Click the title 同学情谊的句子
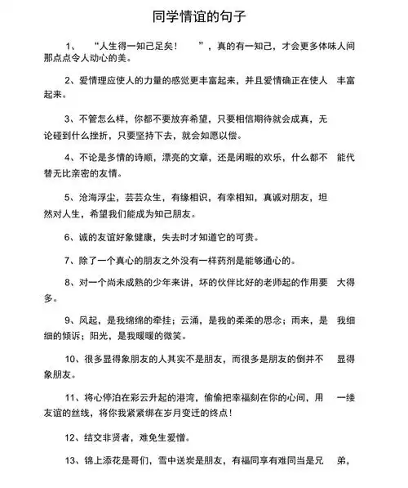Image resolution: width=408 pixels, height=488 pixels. [203, 15]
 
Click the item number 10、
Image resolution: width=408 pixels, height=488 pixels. [73, 358]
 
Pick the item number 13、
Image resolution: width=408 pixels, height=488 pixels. [73, 461]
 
